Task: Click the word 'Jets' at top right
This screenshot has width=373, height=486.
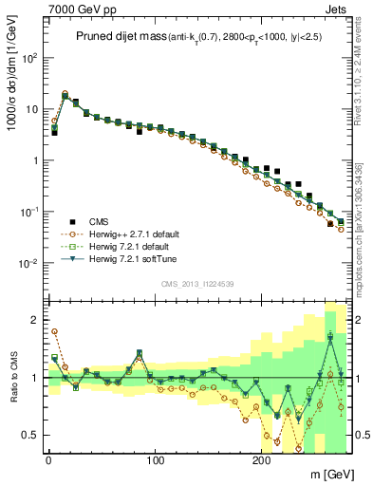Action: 337,8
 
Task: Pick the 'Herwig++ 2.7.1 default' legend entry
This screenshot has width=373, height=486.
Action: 133,234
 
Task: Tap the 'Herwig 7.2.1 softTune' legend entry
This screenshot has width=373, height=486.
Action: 131,258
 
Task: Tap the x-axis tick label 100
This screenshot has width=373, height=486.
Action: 154,460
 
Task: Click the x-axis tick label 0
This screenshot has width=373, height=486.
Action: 48,460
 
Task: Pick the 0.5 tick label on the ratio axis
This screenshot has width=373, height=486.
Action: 28,435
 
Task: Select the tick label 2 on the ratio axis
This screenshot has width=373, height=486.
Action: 34,321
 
